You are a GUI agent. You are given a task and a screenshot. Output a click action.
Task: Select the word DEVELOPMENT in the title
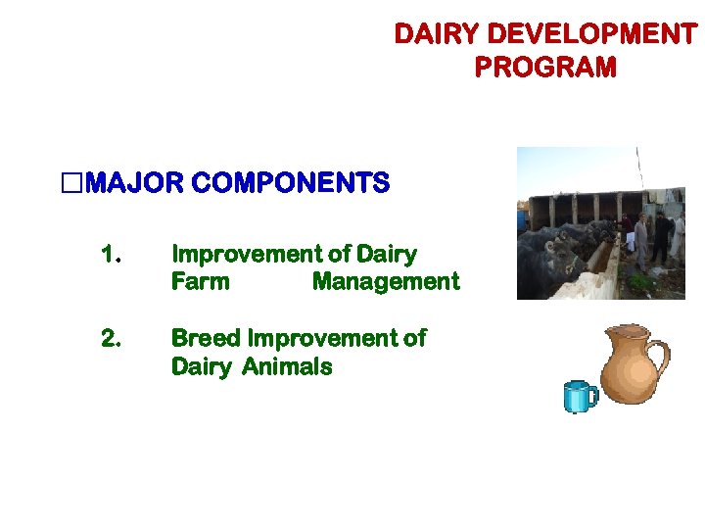pyautogui.click(x=591, y=35)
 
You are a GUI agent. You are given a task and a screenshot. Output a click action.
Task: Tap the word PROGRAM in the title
pyautogui.click(x=545, y=68)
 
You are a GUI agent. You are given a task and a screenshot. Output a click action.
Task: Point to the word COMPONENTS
pyautogui.click(x=291, y=183)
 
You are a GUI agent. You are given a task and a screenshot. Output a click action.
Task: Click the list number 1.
pyautogui.click(x=110, y=255)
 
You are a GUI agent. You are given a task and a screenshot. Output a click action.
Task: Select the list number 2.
pyautogui.click(x=110, y=339)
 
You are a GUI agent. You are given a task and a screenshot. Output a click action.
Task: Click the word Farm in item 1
pyautogui.click(x=200, y=282)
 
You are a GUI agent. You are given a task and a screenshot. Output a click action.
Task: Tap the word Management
pyautogui.click(x=385, y=282)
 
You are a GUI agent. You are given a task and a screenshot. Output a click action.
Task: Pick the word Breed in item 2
pyautogui.click(x=206, y=339)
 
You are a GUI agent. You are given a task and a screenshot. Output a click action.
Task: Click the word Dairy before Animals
pyautogui.click(x=201, y=367)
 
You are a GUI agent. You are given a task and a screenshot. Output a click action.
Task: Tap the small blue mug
pyautogui.click(x=581, y=397)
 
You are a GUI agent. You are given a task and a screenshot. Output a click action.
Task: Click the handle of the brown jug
pyautogui.click(x=660, y=363)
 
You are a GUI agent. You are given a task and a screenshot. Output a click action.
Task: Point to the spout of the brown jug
pyautogui.click(x=606, y=338)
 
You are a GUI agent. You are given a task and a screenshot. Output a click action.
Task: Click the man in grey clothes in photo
pyautogui.click(x=640, y=240)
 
